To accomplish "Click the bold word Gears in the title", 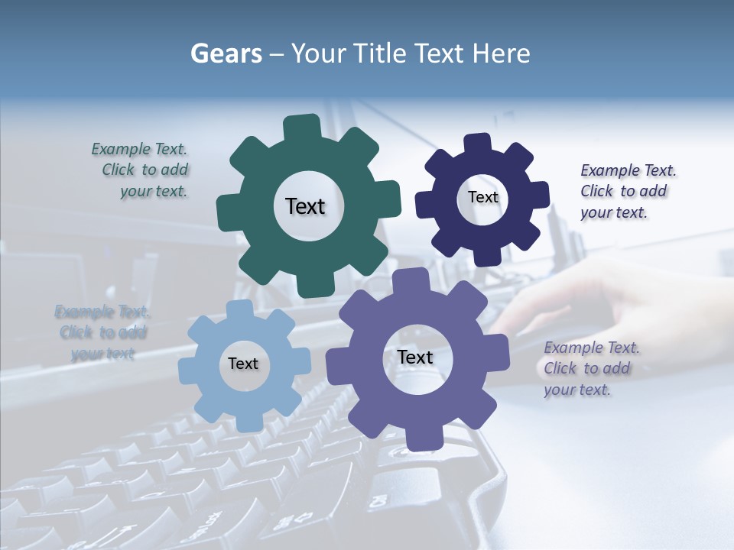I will pyautogui.click(x=226, y=53).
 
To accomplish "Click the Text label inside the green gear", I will pyautogui.click(x=305, y=206).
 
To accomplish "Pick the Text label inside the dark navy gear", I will pyautogui.click(x=482, y=197).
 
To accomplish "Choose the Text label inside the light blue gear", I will pyautogui.click(x=243, y=364).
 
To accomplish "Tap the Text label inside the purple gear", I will pyautogui.click(x=415, y=357).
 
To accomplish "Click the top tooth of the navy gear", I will pyautogui.click(x=478, y=144).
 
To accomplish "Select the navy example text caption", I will pyautogui.click(x=626, y=192).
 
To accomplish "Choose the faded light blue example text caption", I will pyautogui.click(x=102, y=332).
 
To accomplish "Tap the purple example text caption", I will pyautogui.click(x=590, y=369).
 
